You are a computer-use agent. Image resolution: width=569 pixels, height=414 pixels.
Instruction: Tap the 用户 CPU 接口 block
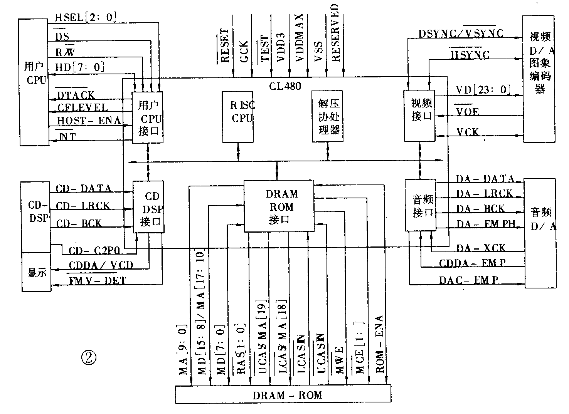[148, 117]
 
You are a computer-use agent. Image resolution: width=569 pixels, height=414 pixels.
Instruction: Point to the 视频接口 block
[419, 116]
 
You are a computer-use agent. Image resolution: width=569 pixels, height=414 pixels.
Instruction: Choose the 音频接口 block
[421, 205]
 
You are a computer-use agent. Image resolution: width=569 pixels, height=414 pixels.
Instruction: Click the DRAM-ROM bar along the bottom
[283, 394]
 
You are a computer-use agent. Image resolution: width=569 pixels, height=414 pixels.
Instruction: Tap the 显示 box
[36, 272]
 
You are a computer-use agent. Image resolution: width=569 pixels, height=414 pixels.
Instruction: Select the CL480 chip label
[285, 85]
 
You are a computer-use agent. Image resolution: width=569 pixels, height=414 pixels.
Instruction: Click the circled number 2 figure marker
[89, 358]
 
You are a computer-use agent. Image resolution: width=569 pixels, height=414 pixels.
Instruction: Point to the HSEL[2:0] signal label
[85, 17]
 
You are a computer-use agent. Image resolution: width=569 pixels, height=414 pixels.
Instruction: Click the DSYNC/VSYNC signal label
[461, 33]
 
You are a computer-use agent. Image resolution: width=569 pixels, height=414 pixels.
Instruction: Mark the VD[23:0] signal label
[483, 90]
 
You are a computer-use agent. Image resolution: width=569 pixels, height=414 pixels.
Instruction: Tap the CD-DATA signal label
[84, 188]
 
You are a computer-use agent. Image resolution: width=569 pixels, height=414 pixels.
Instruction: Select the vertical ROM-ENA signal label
[380, 344]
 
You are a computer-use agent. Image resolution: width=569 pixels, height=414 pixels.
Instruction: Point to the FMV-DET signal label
[97, 280]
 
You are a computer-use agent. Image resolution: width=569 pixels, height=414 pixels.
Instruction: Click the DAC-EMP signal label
[468, 280]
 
